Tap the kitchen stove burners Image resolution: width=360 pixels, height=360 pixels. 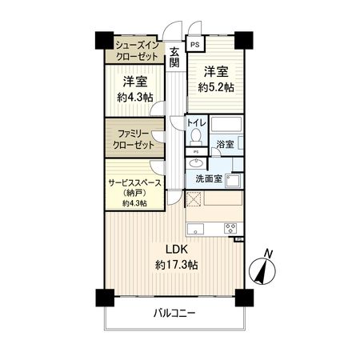[x=232, y=228]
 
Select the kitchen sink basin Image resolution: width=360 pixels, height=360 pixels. [x=198, y=229]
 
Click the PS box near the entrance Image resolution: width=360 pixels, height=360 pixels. [x=194, y=45]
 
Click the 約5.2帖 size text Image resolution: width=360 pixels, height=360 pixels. [x=217, y=86]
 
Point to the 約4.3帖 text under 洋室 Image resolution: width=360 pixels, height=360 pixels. [x=133, y=98]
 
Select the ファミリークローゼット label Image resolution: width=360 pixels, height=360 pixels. [x=133, y=137]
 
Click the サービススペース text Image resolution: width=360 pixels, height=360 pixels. [x=135, y=182]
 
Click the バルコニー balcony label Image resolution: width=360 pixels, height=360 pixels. [x=174, y=313]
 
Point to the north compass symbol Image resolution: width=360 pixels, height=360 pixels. [x=265, y=269]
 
